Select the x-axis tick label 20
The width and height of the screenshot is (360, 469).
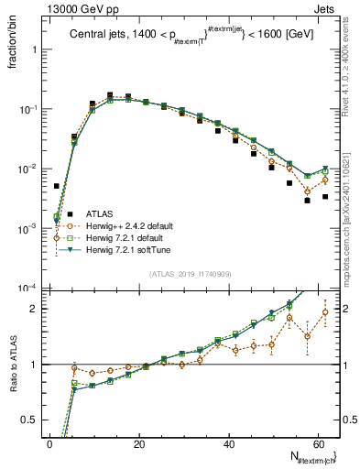tap(139, 444)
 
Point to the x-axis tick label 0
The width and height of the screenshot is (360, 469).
tap(49, 444)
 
